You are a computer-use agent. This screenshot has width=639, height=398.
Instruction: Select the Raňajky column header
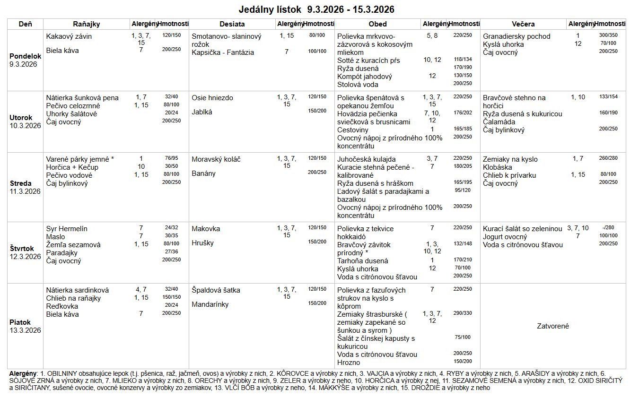coord(87,24)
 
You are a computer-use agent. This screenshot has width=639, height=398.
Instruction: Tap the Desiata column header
coord(232,24)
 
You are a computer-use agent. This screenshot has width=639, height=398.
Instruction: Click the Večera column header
coord(523,24)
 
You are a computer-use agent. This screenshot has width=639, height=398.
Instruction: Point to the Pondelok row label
coord(25,56)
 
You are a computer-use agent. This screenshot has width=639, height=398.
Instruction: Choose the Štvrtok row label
coord(22,249)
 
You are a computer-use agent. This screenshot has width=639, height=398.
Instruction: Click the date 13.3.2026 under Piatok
coord(25,330)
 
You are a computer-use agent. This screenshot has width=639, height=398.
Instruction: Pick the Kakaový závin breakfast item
coord(69,36)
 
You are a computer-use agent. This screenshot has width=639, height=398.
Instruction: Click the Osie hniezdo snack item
coord(212,98)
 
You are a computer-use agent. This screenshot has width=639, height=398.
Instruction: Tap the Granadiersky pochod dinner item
coord(516,36)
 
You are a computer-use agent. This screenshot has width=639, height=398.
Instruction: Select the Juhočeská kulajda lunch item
coord(367,159)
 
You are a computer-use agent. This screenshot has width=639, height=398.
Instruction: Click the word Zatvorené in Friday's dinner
coord(553,326)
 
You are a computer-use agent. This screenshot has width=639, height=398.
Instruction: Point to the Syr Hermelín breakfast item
coord(67,229)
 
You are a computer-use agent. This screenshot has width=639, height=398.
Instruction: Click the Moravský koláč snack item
coord(216,159)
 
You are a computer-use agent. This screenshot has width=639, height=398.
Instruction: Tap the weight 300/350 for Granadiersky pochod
coord(608,35)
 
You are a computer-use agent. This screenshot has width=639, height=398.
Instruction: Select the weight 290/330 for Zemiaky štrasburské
coord(463,313)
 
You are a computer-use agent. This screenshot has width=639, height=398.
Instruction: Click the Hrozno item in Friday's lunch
coord(349,363)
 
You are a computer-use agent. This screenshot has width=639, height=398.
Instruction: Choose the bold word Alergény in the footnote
coord(23,373)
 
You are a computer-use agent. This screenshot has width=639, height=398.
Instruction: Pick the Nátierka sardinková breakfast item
coord(78,290)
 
